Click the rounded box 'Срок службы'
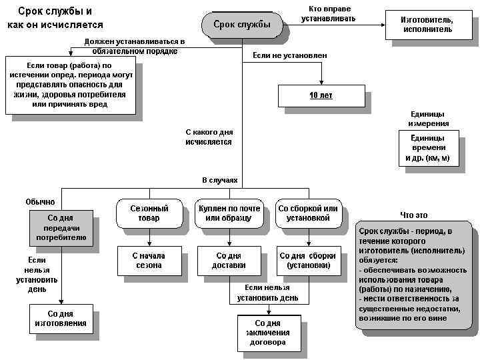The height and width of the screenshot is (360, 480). pos(241,25)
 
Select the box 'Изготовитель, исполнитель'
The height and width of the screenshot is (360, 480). pos(426,25)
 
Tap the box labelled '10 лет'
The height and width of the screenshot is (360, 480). pos(321,95)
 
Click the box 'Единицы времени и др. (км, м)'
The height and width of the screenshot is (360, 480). pos(428,147)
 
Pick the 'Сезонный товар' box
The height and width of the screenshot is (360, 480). pos(149,213)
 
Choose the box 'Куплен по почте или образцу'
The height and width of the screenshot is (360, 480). pos(229,213)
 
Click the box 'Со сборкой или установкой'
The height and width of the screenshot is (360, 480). pos(308,213)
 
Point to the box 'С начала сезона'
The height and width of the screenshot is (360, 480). pos(148,261)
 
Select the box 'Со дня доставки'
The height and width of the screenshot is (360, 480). pos(229,261)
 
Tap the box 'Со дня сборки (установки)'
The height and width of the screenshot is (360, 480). pos(308,261)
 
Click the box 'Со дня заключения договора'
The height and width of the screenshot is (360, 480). pos(268,333)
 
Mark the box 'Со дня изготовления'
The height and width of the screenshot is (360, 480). pos(61,319)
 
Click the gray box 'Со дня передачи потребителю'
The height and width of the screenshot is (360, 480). pos(61,227)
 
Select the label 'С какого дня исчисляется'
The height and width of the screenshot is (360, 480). pos(209,137)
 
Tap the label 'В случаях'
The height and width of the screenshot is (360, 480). pos(219,181)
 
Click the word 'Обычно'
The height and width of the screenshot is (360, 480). pos(40,201)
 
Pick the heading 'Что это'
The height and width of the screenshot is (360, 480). pos(413,215)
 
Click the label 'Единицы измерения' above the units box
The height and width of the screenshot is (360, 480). pos(429,119)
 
